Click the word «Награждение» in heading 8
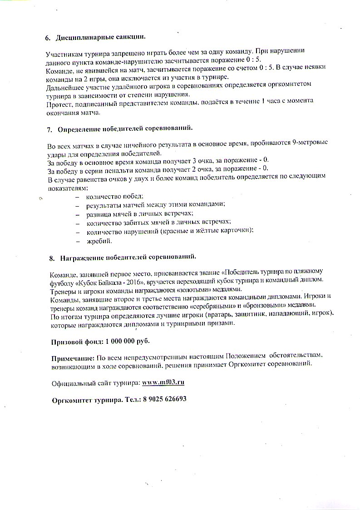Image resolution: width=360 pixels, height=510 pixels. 81,257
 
